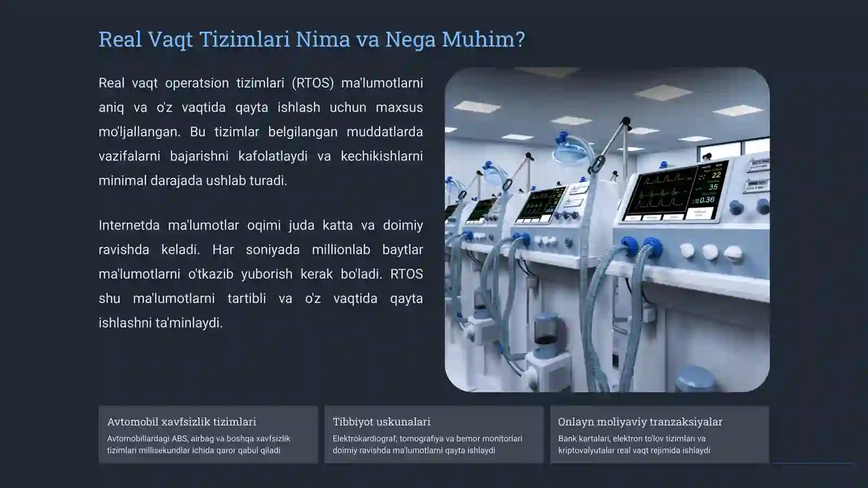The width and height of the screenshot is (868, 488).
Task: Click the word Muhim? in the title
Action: tap(483, 40)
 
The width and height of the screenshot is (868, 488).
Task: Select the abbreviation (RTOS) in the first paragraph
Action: tap(312, 83)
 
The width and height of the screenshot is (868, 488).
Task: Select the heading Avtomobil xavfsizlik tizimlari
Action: tap(182, 421)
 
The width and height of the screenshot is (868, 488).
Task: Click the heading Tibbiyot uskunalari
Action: tap(381, 421)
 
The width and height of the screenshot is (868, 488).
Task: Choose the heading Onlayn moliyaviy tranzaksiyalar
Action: tap(640, 421)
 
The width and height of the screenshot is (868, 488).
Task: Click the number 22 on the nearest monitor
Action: tap(716, 175)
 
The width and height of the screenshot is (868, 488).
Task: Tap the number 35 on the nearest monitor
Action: tap(713, 187)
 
